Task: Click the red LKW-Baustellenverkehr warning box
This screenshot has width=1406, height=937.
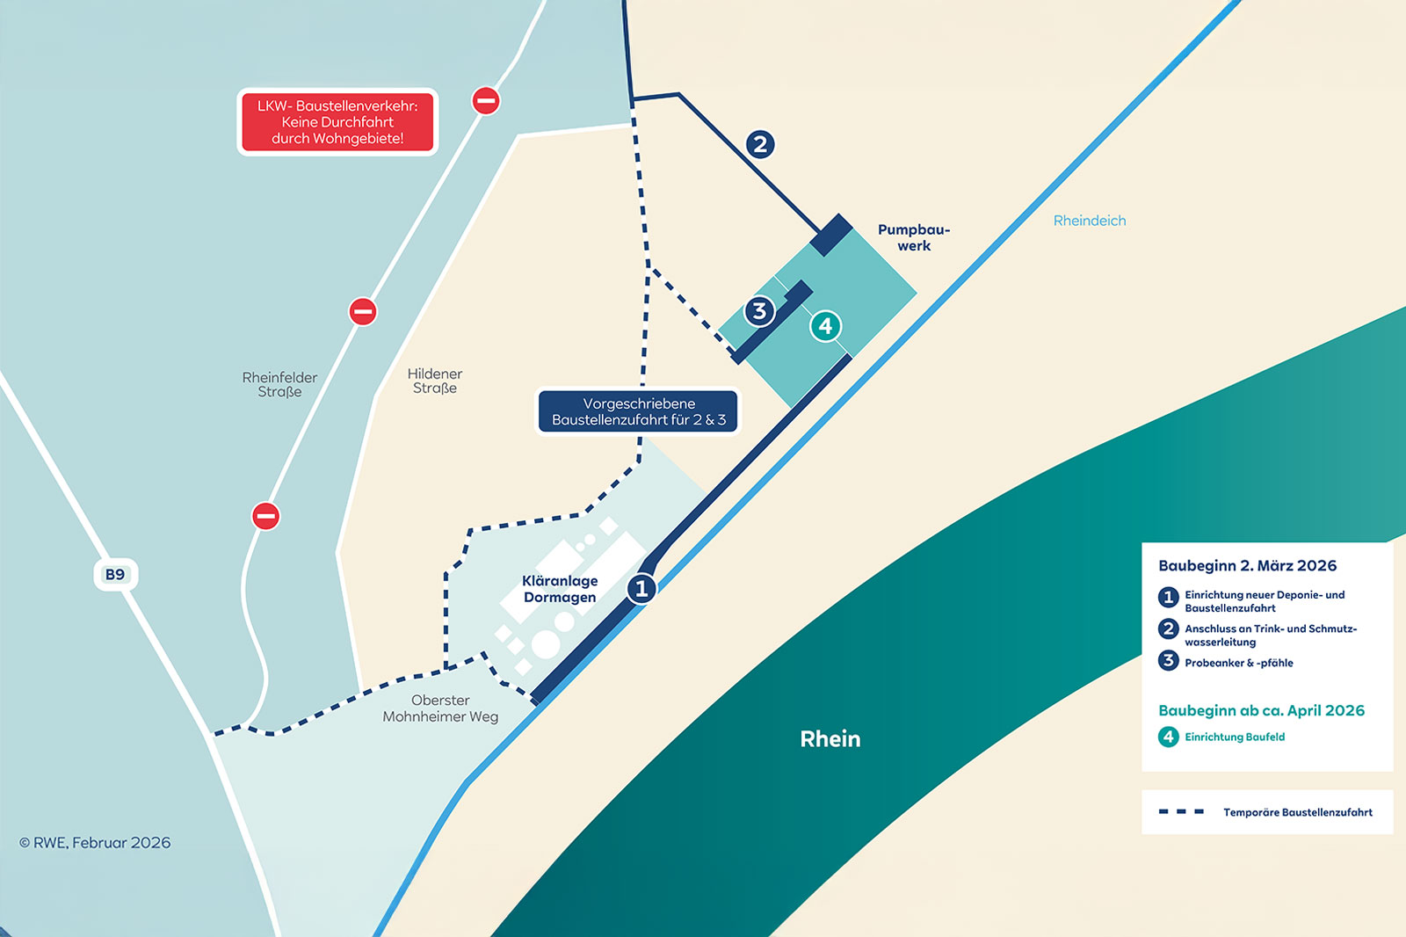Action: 337,122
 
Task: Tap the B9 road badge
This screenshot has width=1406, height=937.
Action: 115,575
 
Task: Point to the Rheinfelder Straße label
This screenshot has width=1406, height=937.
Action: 279,385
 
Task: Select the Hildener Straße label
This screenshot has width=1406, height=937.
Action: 435,381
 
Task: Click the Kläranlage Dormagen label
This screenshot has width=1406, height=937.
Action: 560,589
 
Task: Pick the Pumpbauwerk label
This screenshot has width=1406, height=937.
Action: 914,238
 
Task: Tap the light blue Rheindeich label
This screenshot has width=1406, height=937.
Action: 1090,221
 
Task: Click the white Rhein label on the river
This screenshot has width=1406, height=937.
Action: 830,739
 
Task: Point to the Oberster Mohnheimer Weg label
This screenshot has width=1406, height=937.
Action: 440,708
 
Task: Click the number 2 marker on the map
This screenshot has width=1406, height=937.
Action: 760,144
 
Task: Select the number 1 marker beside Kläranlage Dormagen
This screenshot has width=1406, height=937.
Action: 641,588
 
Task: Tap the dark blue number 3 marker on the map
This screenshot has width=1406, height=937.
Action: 759,311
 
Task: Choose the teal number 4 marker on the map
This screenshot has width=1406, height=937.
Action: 825,326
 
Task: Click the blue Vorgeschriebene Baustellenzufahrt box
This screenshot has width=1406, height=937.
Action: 639,411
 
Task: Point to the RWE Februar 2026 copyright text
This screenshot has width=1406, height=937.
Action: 95,843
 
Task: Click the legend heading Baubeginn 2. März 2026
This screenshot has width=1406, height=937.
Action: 1247,566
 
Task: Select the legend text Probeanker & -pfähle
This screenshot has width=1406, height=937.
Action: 1238,663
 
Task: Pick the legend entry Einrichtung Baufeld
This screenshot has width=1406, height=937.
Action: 1234,737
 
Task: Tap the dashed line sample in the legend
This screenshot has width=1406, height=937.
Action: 1181,811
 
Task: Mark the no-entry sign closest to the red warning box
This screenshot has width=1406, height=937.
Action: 486,100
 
